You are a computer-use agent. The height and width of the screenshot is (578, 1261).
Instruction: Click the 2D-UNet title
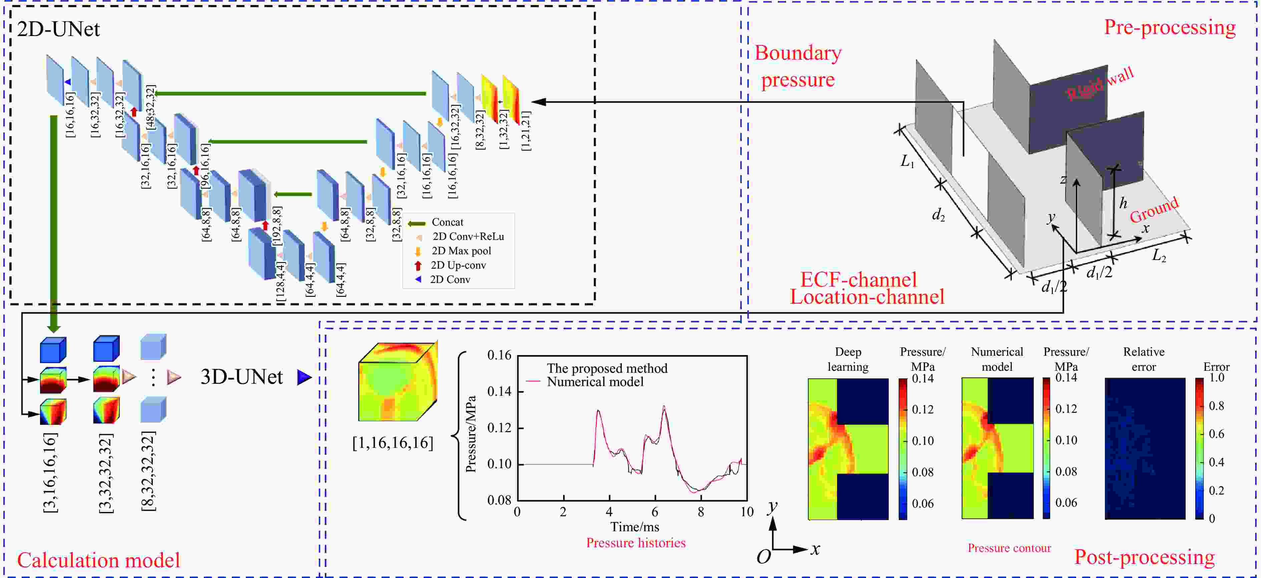[58, 29]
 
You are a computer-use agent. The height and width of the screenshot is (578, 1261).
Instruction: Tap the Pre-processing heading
[1170, 27]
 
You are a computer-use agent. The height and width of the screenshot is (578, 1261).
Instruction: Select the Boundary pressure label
[798, 66]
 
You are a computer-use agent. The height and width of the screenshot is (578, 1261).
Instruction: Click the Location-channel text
[867, 297]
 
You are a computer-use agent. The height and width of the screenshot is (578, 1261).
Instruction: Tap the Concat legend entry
[447, 222]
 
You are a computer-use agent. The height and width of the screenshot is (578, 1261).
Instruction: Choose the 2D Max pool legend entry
[461, 251]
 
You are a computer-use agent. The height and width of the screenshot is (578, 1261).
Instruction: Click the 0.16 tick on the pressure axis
[499, 355]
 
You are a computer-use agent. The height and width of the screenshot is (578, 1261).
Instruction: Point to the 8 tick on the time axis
[701, 512]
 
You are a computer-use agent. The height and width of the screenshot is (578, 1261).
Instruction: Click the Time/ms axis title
[635, 527]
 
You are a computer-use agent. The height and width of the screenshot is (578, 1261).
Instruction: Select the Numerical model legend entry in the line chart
[595, 381]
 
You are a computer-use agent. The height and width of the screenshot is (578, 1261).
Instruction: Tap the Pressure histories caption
[636, 543]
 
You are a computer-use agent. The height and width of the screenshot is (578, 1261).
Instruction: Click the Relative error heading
[1144, 359]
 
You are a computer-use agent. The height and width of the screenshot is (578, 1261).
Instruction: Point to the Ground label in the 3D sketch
[1154, 209]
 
